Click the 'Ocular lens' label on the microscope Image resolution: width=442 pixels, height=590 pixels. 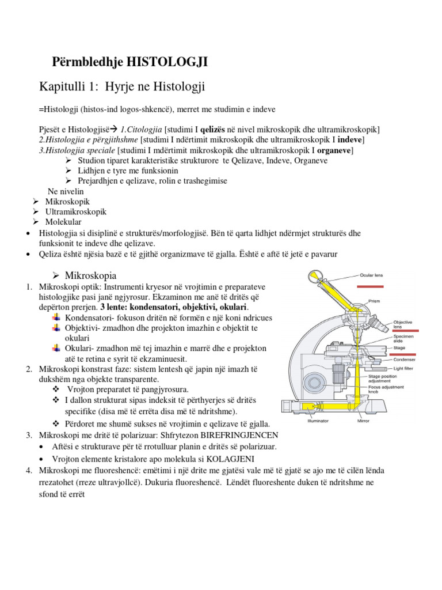(371, 275)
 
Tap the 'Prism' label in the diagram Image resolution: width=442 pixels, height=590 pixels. (374, 300)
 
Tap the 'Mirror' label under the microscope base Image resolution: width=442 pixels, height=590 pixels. (363, 421)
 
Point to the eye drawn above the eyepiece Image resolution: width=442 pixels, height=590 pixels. (315, 279)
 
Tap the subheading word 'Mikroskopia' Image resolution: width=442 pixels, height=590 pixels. (91, 275)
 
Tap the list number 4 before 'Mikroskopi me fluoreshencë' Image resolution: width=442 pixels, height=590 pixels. (28, 471)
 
